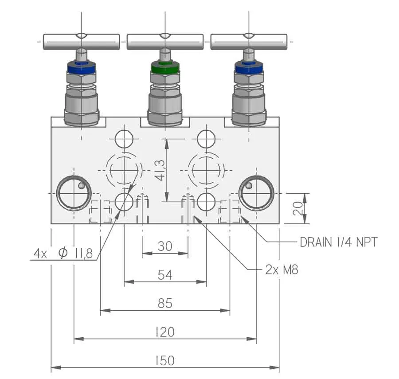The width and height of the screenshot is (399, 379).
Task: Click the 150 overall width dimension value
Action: [x=165, y=361]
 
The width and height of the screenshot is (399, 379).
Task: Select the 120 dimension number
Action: [x=165, y=332]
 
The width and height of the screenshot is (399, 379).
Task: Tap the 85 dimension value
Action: [x=165, y=303]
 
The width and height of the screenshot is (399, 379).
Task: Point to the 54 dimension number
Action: [x=165, y=275]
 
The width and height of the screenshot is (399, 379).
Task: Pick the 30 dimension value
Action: [x=165, y=246]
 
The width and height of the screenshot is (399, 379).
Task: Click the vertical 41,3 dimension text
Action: [x=160, y=170]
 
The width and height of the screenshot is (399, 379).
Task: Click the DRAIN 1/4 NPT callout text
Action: [x=338, y=242]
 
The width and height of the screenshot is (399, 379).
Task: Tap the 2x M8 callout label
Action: [x=282, y=270]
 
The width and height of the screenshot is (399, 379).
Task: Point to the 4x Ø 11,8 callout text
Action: [x=63, y=254]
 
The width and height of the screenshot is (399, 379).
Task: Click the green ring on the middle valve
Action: [x=165, y=68]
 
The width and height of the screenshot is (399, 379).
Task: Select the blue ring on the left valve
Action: [x=82, y=67]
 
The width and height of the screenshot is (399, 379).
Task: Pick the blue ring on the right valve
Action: [x=249, y=67]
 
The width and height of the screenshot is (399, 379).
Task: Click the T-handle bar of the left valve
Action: [x=82, y=42]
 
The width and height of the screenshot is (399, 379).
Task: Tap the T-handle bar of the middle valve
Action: [x=165, y=42]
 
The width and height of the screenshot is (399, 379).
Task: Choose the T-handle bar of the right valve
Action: [x=249, y=42]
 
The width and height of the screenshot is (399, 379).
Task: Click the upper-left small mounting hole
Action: [x=124, y=139]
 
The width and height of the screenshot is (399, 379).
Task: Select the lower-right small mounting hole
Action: [x=206, y=202]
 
